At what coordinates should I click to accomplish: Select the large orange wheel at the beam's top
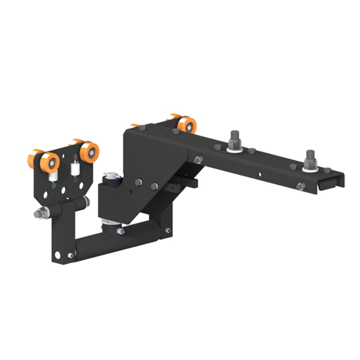click(x=186, y=125)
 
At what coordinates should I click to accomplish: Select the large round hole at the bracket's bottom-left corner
click(x=58, y=255)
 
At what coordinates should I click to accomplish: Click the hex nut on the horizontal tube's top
click(x=121, y=231)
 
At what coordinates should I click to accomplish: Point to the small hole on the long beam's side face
click(x=260, y=174)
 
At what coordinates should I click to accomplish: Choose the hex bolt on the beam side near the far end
click(x=301, y=186)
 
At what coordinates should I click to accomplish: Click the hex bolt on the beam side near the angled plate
click(x=198, y=160)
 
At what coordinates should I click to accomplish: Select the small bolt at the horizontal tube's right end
click(x=167, y=230)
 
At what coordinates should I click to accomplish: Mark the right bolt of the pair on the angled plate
click(x=154, y=186)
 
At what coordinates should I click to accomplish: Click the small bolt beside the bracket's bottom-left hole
click(x=70, y=256)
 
